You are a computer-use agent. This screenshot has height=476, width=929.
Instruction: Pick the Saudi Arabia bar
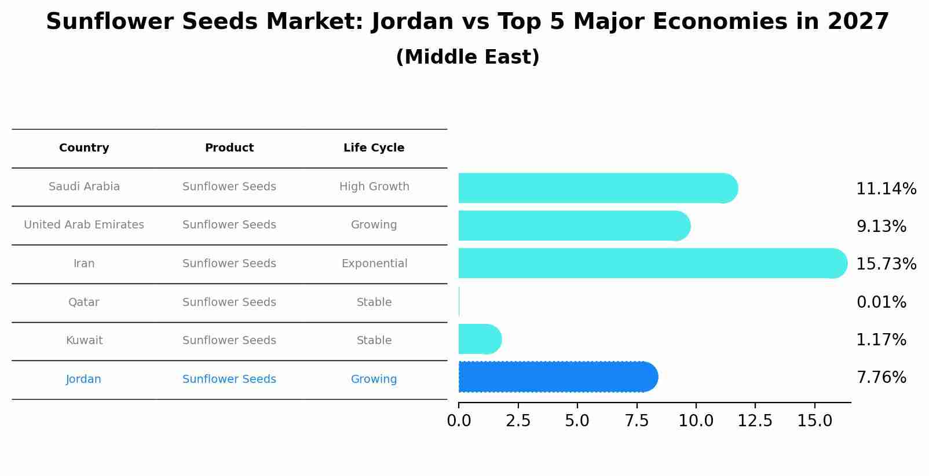pyautogui.click(x=597, y=188)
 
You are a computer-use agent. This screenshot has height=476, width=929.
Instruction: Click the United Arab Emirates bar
pyautogui.click(x=573, y=226)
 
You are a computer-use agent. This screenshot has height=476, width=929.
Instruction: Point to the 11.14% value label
pyautogui.click(x=886, y=189)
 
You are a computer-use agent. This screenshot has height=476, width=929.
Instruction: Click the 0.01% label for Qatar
pyautogui.click(x=881, y=302)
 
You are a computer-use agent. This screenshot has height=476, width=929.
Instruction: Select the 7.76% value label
pyautogui.click(x=881, y=378)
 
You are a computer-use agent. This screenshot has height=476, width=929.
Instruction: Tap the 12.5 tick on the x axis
pyautogui.click(x=755, y=421)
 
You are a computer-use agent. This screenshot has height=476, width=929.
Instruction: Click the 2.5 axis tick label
pyautogui.click(x=518, y=421)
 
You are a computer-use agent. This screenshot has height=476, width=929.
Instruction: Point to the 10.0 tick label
pyautogui.click(x=696, y=421)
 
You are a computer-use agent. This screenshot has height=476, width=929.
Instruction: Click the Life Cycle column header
pyautogui.click(x=374, y=148)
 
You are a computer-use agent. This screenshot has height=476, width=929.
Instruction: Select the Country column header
pyautogui.click(x=84, y=148)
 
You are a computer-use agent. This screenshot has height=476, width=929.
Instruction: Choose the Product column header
pyautogui.click(x=229, y=148)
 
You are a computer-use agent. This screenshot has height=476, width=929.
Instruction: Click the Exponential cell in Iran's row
pyautogui.click(x=374, y=264)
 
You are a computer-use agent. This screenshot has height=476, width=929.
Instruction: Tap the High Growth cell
pyautogui.click(x=374, y=187)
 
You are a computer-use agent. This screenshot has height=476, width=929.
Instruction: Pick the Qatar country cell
pyautogui.click(x=84, y=302)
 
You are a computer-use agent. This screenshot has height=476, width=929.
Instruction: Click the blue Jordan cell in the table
pyautogui.click(x=84, y=379)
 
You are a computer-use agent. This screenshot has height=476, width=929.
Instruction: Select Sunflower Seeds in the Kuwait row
pyautogui.click(x=229, y=341)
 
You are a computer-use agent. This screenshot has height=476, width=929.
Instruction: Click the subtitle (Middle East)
pyautogui.click(x=467, y=57)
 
